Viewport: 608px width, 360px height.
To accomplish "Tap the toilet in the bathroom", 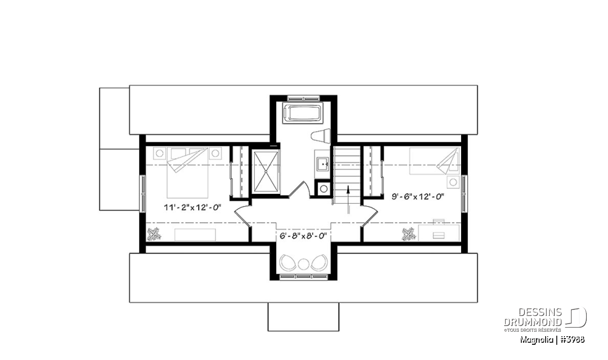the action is coord(321,136).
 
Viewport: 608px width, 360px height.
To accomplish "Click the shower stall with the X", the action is coord(265,172).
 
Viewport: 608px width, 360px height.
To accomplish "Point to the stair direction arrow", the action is coord(348,199).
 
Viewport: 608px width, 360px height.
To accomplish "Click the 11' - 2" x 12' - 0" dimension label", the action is coord(193,208).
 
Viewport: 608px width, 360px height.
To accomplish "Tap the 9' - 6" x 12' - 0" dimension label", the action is coord(417,196).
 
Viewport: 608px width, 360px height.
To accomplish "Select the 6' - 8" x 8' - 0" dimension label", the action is coord(303,236).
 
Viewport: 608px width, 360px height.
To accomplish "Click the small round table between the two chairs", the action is coord(303,264).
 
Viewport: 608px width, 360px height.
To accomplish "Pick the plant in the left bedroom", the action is coord(154,234).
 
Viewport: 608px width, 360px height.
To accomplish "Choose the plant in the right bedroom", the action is coord(409,234).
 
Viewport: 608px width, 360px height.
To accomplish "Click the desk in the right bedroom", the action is coord(439,232).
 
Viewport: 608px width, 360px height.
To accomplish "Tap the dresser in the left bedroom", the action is coord(195,235).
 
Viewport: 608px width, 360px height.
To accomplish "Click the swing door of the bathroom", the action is coord(299,189).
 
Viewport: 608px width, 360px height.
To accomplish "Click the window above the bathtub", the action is coord(303,98).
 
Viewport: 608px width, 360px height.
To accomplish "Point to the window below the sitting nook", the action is coord(303,277).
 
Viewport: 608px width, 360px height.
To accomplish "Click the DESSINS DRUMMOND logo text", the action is coord(533,317).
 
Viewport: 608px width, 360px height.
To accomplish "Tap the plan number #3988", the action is coord(572,340).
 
